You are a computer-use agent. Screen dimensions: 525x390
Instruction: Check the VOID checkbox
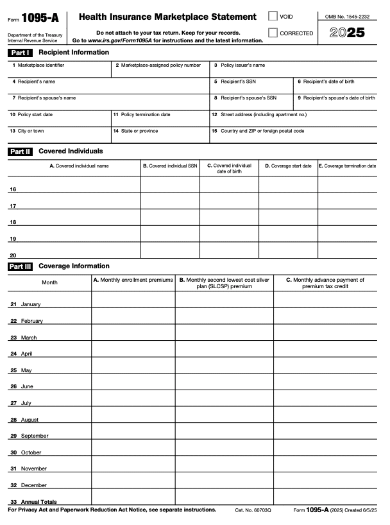click(273, 16)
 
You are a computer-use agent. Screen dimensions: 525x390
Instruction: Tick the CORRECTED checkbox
click(273, 33)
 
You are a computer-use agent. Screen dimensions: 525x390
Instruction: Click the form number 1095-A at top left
click(40, 19)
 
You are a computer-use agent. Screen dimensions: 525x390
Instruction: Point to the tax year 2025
click(346, 33)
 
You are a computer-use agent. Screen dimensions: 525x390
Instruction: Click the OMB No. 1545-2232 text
click(348, 16)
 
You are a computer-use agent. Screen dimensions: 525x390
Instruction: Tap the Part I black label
click(20, 53)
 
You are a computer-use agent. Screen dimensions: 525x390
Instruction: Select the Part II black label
click(20, 151)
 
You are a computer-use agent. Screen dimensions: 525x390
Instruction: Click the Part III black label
click(20, 266)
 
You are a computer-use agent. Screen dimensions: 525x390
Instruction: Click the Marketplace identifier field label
click(40, 65)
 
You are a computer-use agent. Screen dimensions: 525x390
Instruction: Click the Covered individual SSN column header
click(170, 166)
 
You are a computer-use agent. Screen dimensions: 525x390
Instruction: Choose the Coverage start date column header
click(288, 166)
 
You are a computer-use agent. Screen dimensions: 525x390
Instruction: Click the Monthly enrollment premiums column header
click(133, 280)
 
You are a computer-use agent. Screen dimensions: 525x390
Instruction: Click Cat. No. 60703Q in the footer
click(253, 510)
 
